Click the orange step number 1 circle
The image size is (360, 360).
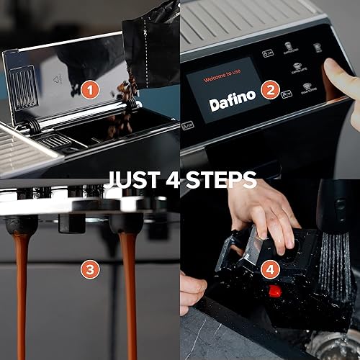(x=89, y=90)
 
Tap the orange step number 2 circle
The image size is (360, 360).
(x=271, y=90)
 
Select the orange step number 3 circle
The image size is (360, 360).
(x=89, y=271)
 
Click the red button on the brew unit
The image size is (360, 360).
(x=274, y=292)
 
